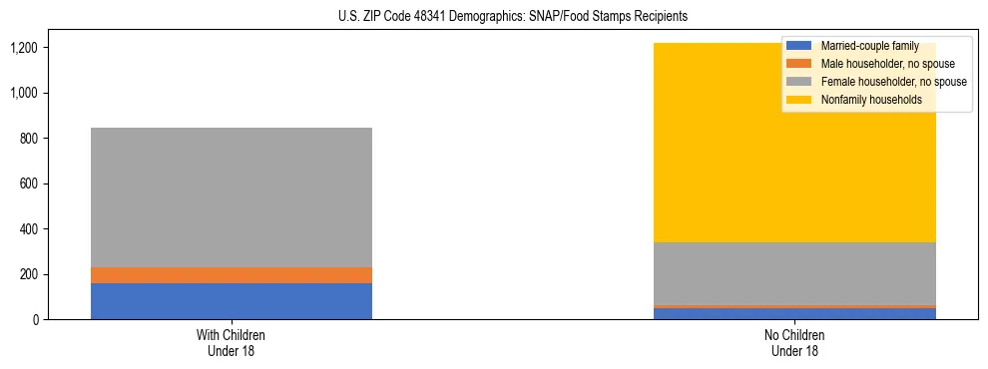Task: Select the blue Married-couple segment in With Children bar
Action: (x=231, y=301)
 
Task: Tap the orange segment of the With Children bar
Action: (x=231, y=275)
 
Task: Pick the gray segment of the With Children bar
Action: (x=231, y=197)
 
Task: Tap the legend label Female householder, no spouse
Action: (x=891, y=82)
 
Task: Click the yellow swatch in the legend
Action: (x=798, y=100)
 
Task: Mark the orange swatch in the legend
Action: (x=798, y=64)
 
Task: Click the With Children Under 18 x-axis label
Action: (x=231, y=342)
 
